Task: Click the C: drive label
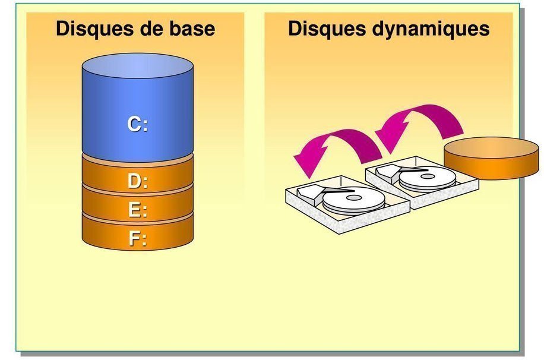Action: (138, 124)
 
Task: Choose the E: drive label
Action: (138, 210)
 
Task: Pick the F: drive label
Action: (138, 239)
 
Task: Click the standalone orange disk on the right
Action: (491, 158)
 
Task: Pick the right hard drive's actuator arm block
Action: (390, 172)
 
